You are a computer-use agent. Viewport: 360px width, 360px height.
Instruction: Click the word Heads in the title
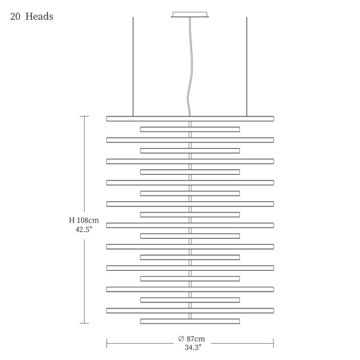click(x=39, y=16)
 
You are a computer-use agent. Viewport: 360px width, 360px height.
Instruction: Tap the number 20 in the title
click(x=15, y=17)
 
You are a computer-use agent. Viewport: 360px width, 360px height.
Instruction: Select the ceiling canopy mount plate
click(x=190, y=14)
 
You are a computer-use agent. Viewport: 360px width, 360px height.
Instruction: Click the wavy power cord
click(x=190, y=67)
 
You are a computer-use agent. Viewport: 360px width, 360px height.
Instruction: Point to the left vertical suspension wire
click(x=133, y=67)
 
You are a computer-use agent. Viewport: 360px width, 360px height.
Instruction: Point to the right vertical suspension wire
click(x=247, y=67)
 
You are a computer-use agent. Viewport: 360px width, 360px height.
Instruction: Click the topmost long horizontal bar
click(x=190, y=119)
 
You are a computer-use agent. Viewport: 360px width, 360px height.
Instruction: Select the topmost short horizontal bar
click(x=190, y=129)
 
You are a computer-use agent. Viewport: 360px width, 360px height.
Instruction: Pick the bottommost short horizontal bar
click(x=190, y=321)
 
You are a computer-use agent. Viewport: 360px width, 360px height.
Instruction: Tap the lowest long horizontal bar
click(x=190, y=311)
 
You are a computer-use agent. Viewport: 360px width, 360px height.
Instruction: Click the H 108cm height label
click(x=84, y=220)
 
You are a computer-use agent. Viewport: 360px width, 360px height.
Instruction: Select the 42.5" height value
click(x=84, y=229)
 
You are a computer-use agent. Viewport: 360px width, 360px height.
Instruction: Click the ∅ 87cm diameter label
click(x=191, y=338)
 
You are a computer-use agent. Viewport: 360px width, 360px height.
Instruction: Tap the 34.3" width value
click(x=193, y=347)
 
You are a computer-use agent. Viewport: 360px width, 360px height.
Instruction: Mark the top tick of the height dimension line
click(x=84, y=116)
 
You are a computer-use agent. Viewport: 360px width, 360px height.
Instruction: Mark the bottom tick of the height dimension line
click(x=84, y=323)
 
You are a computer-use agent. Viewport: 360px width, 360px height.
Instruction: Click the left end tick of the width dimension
click(x=107, y=343)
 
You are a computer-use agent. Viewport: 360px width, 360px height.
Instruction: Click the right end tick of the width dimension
click(x=274, y=343)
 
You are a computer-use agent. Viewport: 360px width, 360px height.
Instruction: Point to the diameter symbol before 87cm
click(x=181, y=338)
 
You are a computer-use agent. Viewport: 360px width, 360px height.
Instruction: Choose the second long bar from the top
click(x=190, y=140)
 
